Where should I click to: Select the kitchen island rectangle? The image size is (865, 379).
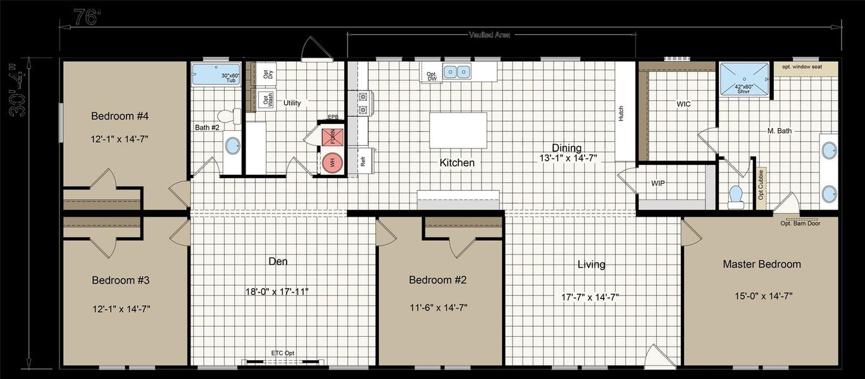click(458, 130)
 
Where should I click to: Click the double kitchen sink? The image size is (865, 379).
click(457, 71)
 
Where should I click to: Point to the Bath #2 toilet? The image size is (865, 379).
click(228, 117)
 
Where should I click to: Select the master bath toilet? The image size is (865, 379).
click(735, 197)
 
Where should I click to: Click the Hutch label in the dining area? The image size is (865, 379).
click(621, 113)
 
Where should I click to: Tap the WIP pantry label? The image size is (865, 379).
click(657, 184)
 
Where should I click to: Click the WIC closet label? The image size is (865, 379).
click(683, 103)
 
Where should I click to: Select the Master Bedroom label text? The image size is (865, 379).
click(762, 264)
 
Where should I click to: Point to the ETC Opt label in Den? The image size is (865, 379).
click(283, 353)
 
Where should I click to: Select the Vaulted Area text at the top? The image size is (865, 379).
click(491, 35)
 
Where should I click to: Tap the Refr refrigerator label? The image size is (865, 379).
click(363, 161)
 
